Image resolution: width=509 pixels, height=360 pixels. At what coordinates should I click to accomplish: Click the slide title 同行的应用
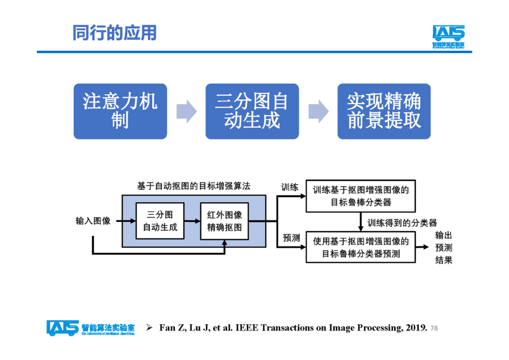coord(114,33)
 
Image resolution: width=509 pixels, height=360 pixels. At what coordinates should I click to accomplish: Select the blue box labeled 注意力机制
coord(120,111)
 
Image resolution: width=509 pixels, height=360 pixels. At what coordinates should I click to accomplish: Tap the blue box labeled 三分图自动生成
coord(252,111)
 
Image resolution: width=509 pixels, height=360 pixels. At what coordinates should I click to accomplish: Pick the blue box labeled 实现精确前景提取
coord(384,111)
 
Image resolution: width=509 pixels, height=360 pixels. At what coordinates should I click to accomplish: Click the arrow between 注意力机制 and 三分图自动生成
coord(186,111)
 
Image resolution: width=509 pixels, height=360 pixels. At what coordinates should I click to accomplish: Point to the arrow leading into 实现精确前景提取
coord(318,111)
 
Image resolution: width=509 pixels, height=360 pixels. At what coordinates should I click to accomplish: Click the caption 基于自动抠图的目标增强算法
coord(194,186)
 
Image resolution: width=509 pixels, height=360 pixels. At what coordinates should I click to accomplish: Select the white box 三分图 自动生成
coord(160,221)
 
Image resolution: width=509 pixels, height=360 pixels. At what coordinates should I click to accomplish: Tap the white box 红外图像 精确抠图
coord(224,221)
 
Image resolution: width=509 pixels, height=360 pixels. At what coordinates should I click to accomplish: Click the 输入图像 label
coord(93,221)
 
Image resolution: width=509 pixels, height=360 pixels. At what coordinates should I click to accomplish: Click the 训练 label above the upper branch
coord(290,187)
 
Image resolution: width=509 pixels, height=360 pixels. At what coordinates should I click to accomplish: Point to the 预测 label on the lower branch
coord(291,238)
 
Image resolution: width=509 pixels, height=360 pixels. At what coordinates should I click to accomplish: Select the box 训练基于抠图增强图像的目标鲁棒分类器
coord(361,196)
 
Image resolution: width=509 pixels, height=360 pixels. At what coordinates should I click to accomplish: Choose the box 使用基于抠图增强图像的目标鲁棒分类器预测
coord(361,247)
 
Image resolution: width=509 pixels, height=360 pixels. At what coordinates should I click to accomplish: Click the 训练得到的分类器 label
coord(402,222)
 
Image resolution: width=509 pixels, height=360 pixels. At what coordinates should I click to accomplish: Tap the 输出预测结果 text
coord(443,247)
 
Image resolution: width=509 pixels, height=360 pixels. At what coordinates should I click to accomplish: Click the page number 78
coord(434,328)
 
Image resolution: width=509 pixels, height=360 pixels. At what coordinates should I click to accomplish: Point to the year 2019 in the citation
coord(417,327)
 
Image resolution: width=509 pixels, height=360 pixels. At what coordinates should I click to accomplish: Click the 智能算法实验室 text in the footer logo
coord(108,326)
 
